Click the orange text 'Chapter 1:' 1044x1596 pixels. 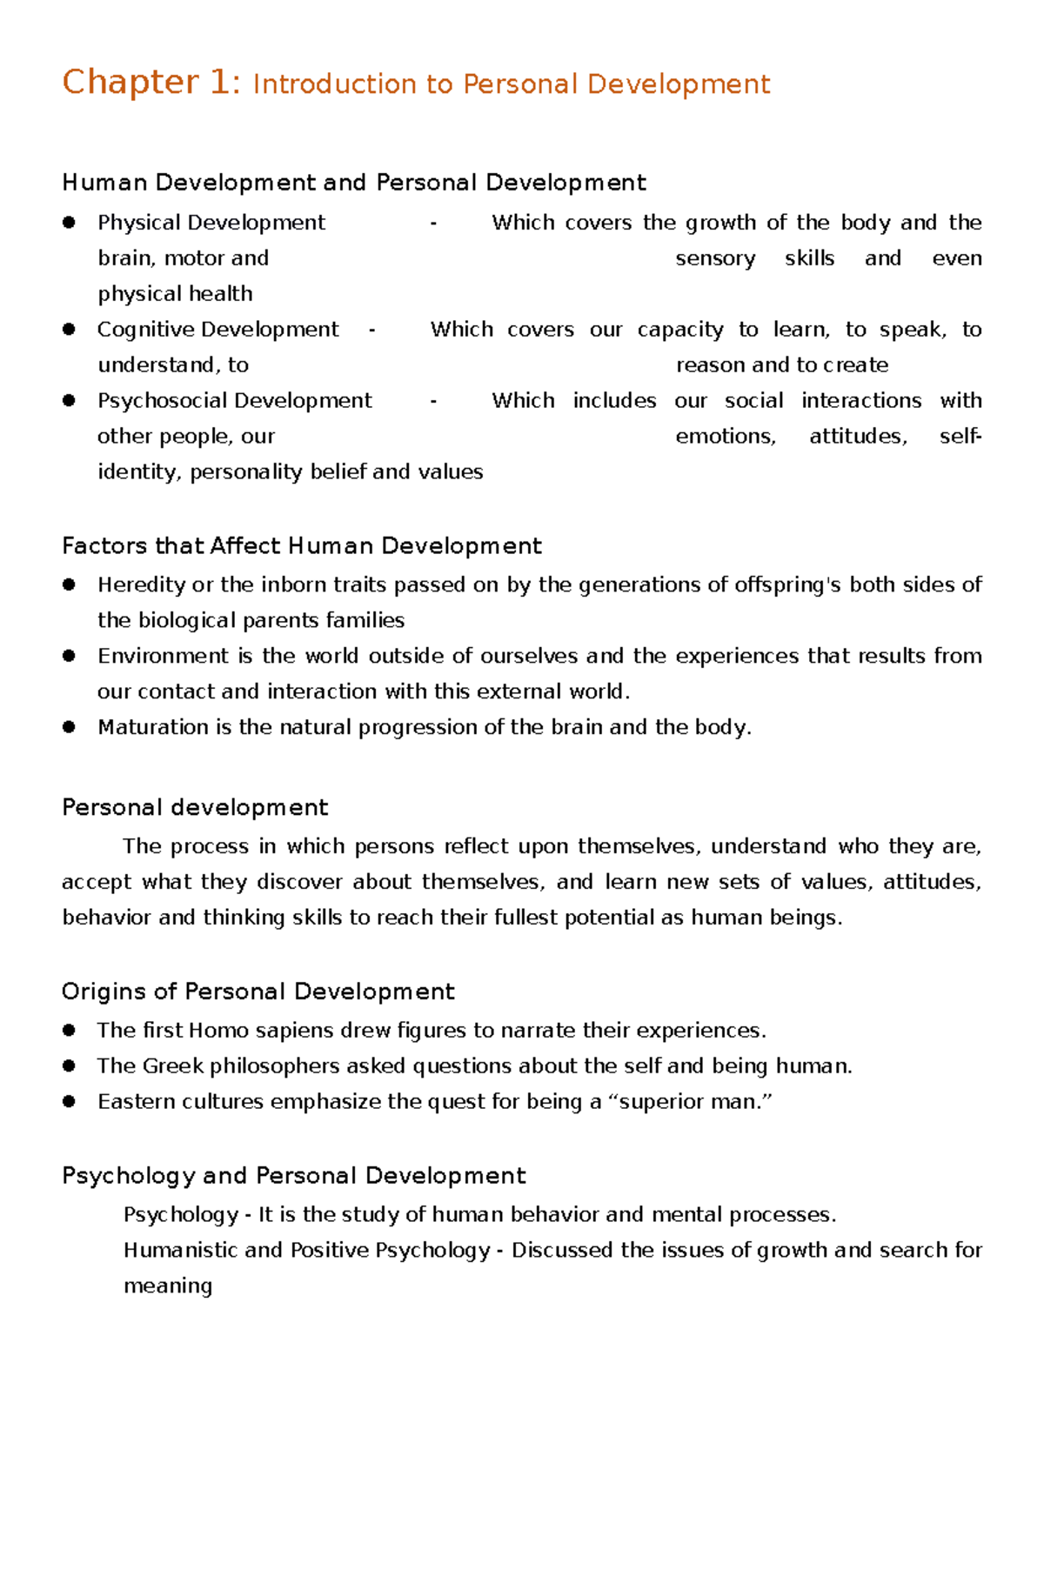tap(150, 83)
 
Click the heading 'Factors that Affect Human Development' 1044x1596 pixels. tap(301, 546)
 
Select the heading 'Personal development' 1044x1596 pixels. tap(195, 808)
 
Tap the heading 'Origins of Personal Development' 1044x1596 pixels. tap(258, 992)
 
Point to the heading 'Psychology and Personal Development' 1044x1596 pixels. tap(293, 1176)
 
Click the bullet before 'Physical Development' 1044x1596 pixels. tap(69, 223)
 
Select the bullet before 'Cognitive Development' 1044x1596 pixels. tap(69, 330)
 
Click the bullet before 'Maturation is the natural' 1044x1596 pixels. tap(69, 727)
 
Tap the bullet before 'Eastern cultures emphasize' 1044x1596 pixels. tap(69, 1102)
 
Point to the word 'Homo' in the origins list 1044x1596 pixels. tap(218, 1031)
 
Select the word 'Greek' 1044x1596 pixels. tap(173, 1066)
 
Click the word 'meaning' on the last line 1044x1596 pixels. tap(167, 1286)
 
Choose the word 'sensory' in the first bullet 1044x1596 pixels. tap(715, 259)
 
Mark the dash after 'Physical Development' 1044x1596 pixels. tap(433, 224)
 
